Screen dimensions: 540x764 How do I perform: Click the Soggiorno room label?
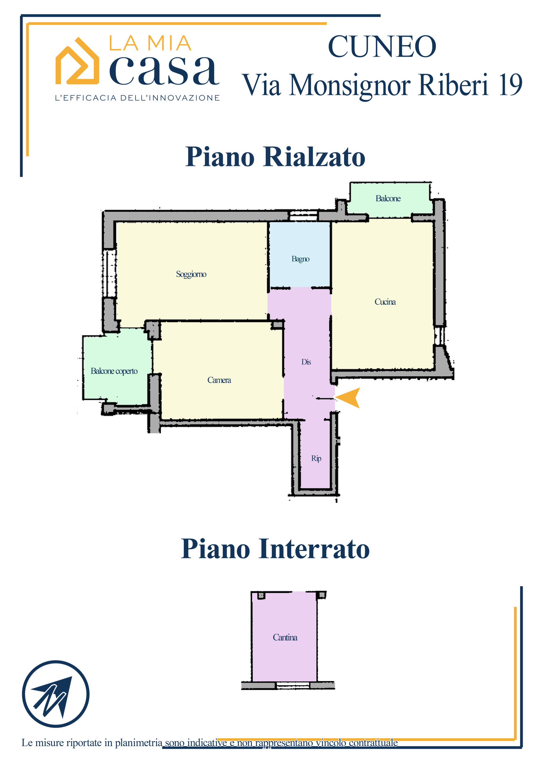[191, 275]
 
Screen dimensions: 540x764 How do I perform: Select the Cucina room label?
[385, 302]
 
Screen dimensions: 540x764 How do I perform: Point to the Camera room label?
[219, 380]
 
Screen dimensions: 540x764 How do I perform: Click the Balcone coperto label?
[114, 371]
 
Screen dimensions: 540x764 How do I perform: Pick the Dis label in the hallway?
[306, 362]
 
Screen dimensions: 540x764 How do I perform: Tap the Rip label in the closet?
[316, 458]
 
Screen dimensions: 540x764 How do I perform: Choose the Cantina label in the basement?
[285, 637]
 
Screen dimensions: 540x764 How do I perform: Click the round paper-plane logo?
[56, 694]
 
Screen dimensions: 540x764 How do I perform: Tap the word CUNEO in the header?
[382, 47]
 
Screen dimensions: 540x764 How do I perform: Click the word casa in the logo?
[164, 70]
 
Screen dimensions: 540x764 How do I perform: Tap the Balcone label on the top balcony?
[388, 199]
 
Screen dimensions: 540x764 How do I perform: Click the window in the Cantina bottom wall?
[293, 685]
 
